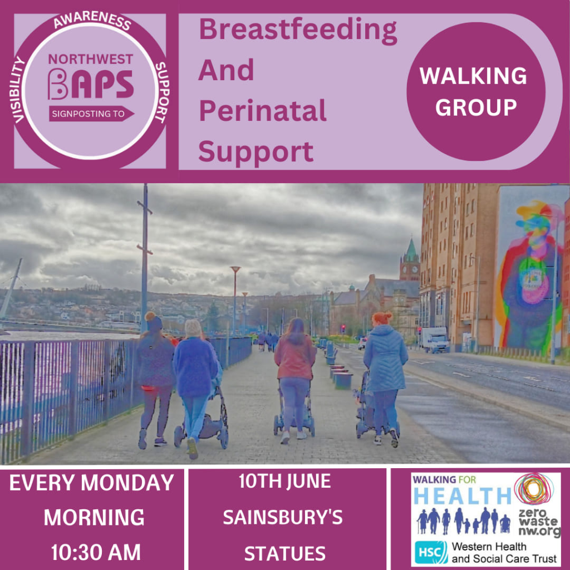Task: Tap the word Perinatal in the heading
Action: click(x=263, y=111)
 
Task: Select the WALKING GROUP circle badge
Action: click(x=475, y=91)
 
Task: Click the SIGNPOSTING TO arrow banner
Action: click(x=91, y=114)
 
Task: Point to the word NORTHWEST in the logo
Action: click(x=91, y=59)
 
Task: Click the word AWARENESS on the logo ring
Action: click(x=92, y=20)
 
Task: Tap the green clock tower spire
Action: click(x=411, y=251)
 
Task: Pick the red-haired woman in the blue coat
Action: click(x=385, y=378)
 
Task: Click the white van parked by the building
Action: click(x=435, y=340)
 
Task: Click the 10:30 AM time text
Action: click(x=96, y=552)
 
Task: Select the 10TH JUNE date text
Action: click(x=284, y=481)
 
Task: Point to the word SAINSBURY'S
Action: click(x=283, y=517)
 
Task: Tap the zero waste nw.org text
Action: click(x=539, y=522)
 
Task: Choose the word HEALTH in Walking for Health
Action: click(x=463, y=495)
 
